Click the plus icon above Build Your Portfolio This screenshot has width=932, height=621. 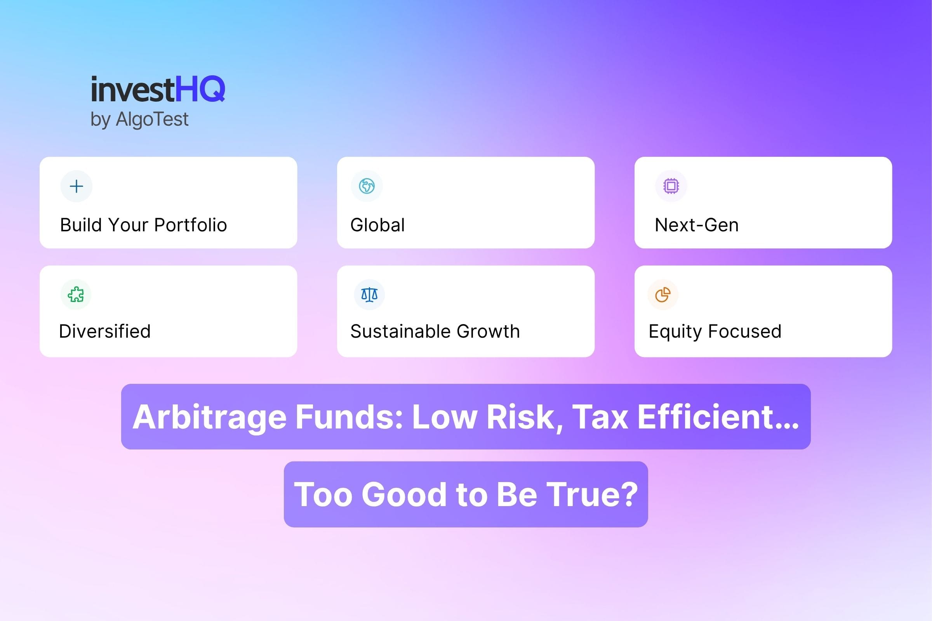77,186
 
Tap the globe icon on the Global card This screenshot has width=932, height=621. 367,186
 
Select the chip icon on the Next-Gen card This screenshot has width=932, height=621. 671,186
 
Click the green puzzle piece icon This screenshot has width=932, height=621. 76,295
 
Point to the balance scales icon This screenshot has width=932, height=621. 369,295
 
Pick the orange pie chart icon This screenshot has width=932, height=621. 662,295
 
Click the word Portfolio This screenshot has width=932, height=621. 190,225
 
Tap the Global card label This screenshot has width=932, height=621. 377,225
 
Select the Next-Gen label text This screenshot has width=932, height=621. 696,225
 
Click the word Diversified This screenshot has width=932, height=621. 104,331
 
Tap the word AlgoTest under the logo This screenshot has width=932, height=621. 152,119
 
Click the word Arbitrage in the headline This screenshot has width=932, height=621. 209,417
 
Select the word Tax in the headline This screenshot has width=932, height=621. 600,417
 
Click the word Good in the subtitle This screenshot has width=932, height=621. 404,494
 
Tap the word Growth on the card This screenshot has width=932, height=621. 488,331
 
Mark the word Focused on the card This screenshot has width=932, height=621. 744,331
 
